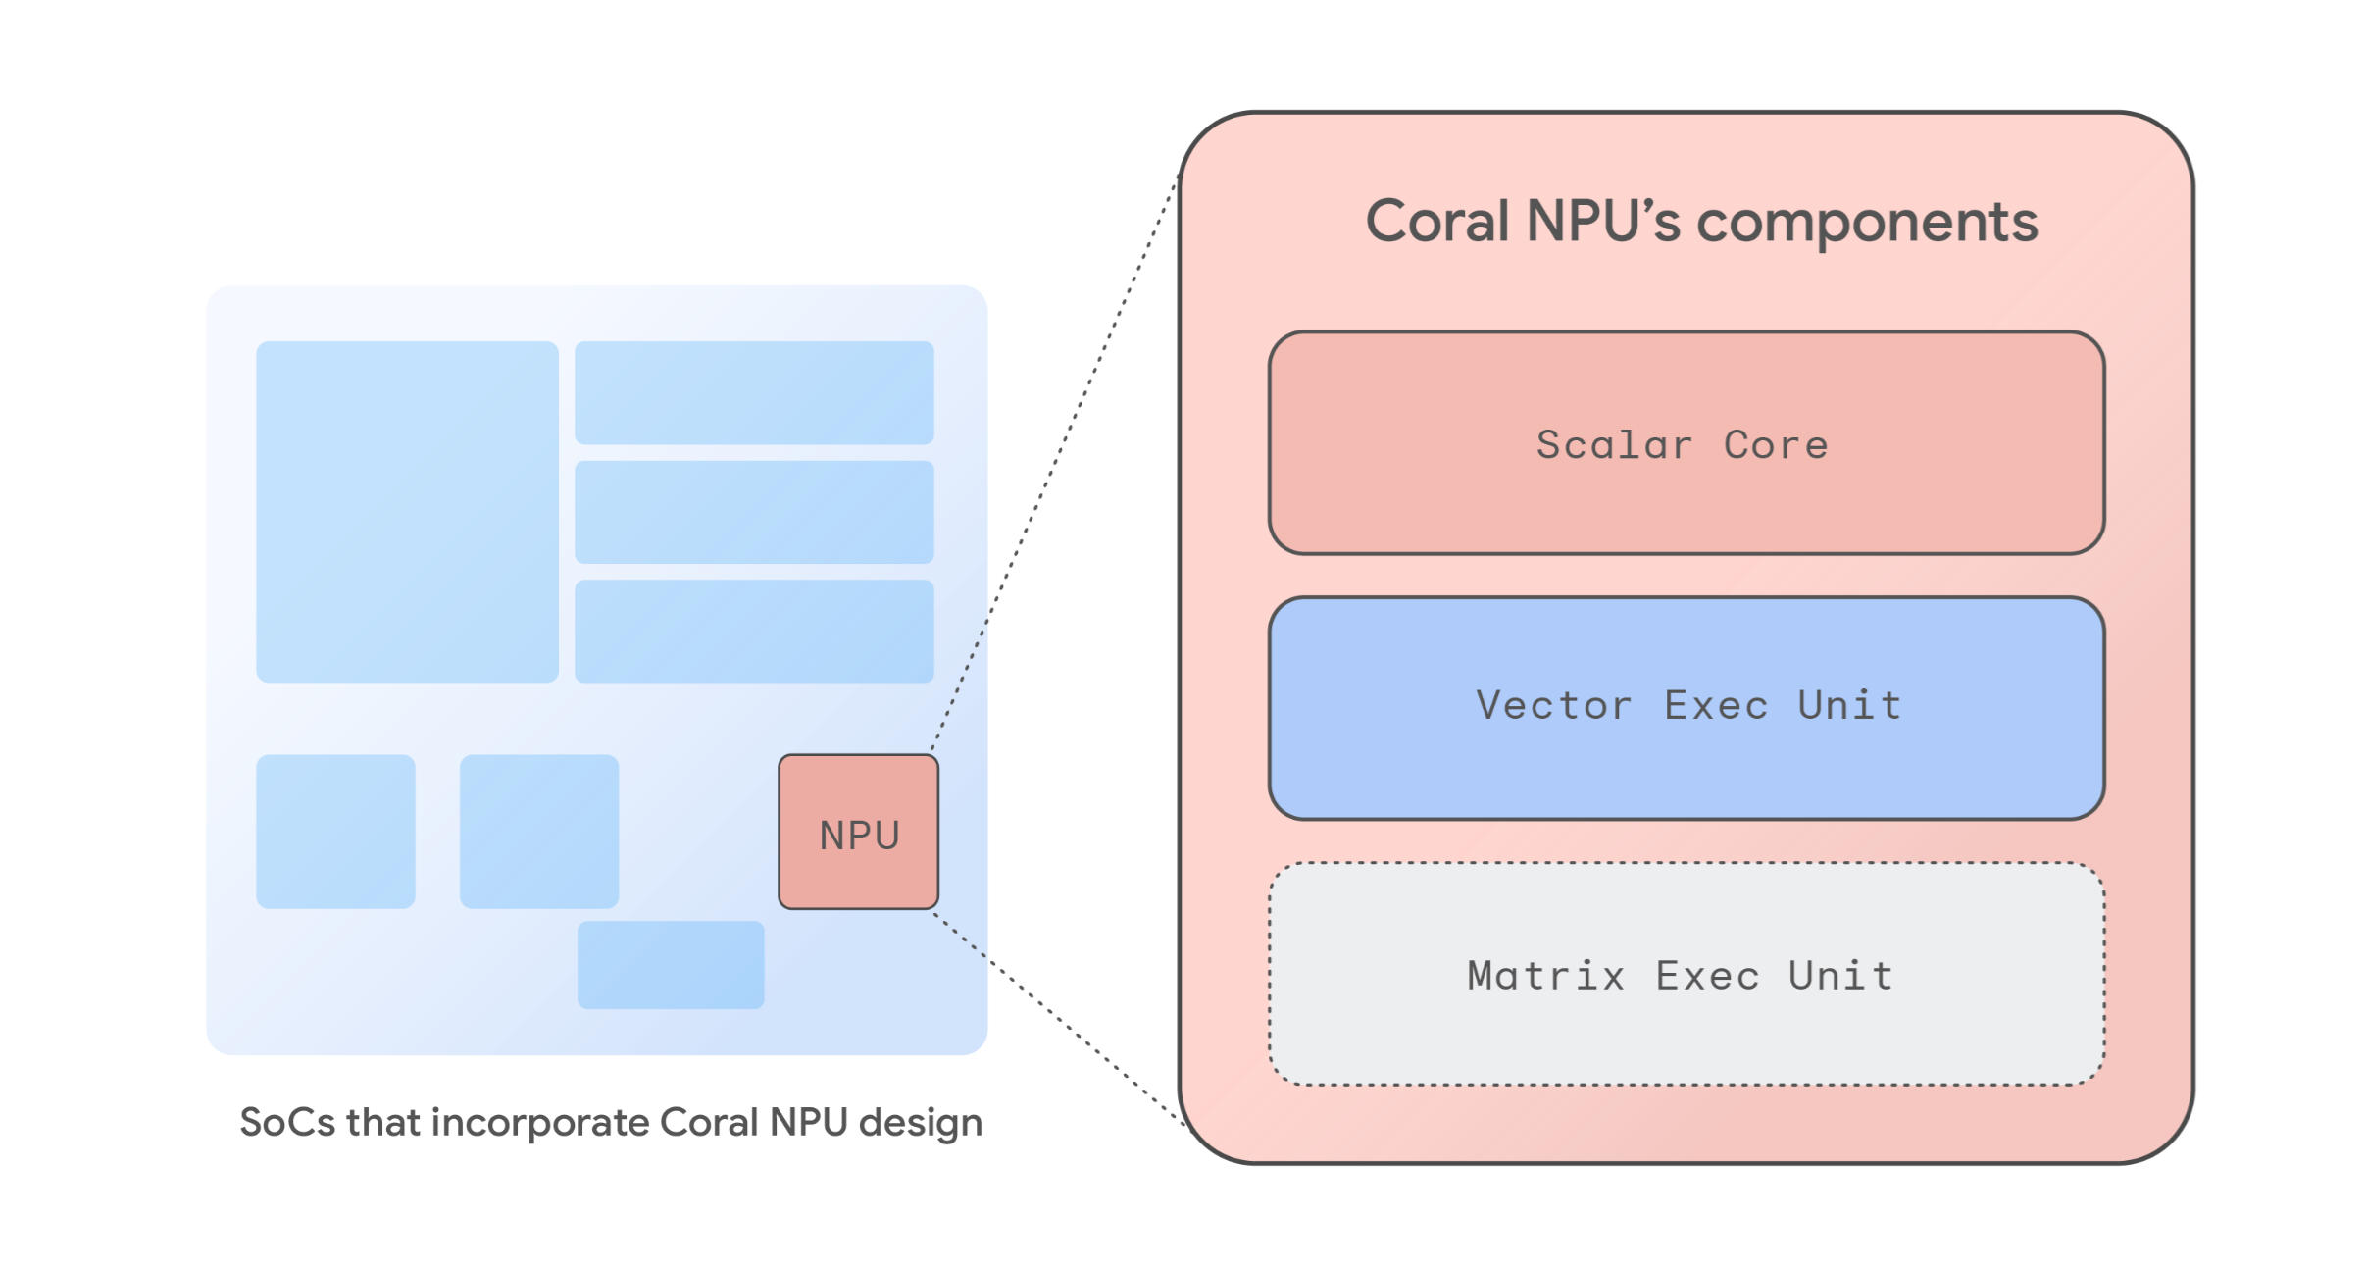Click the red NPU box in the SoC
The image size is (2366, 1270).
858,832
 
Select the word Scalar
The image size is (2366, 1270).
1614,445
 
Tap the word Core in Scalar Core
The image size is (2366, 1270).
1776,445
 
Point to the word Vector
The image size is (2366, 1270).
1554,706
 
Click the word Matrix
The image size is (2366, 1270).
1545,976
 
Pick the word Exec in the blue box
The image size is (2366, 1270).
1716,706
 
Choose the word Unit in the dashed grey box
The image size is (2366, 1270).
1840,976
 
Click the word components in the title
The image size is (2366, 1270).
1867,223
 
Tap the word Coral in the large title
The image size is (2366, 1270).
1438,221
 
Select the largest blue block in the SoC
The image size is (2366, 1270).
407,511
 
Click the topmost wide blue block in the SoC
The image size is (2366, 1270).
754,392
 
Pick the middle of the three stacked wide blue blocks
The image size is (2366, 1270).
754,512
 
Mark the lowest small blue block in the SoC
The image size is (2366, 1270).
671,964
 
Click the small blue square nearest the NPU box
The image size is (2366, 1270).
539,831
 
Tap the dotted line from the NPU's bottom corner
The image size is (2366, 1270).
1059,1020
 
